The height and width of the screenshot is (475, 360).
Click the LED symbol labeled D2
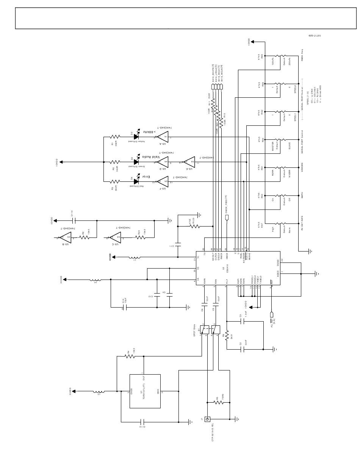point(136,137)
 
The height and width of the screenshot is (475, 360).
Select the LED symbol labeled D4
point(136,181)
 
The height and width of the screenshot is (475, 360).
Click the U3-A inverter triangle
point(163,137)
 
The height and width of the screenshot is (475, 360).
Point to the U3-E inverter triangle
point(189,162)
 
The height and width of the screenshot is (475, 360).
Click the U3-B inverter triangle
point(66,237)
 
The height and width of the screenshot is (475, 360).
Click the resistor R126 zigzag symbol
point(195,226)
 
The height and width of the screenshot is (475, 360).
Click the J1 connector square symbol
point(207,419)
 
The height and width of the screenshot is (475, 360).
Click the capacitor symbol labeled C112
point(143,422)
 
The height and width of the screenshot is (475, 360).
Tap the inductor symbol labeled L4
point(95,280)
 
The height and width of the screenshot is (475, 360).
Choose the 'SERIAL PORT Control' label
point(302,142)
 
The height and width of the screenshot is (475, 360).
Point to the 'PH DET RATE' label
point(302,223)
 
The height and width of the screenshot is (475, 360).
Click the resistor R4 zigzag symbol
point(130,356)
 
